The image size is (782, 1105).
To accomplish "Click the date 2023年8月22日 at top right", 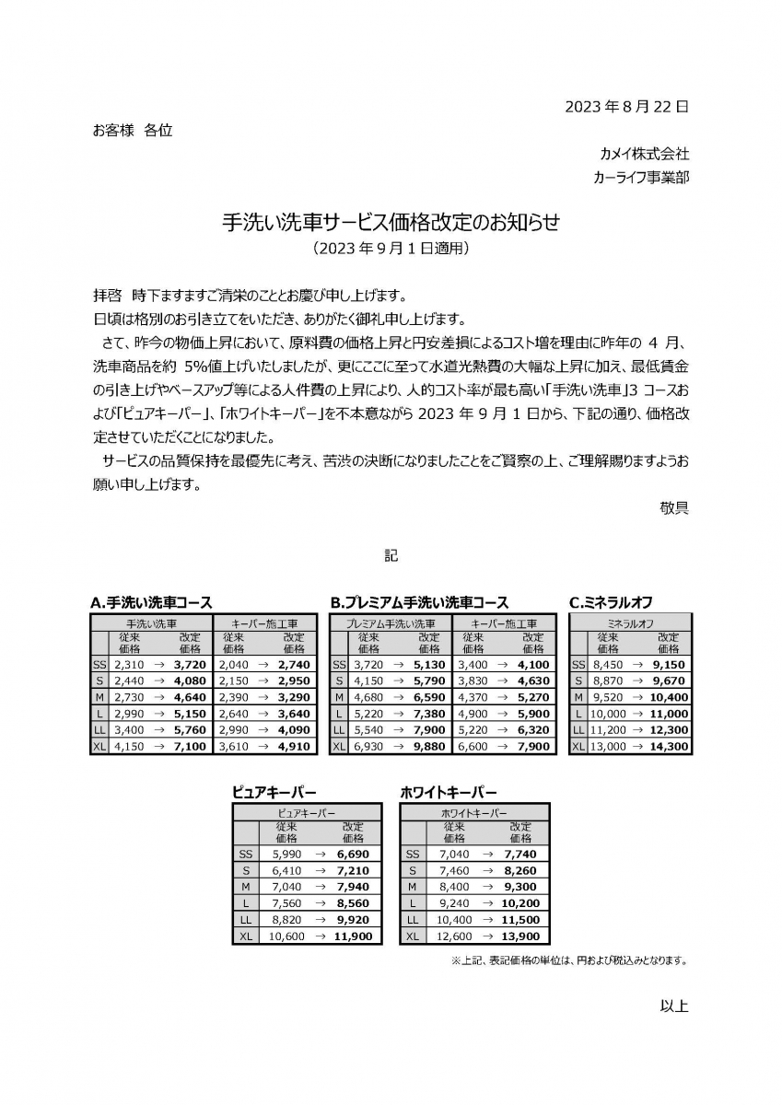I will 626,107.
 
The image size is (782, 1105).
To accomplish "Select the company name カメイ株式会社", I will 644,154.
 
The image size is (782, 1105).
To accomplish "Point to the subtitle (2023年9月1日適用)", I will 391,249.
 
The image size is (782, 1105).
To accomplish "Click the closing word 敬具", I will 674,507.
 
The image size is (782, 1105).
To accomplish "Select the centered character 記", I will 391,556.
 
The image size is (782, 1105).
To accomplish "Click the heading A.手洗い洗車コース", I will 151,603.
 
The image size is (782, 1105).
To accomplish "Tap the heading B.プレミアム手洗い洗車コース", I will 419,603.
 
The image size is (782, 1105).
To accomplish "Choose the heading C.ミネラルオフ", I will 611,603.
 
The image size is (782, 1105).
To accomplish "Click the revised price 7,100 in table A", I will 190,747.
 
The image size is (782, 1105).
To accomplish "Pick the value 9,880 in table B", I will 428,747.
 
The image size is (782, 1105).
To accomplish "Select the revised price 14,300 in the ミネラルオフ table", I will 670,747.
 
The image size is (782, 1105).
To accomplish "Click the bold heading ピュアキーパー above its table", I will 274,792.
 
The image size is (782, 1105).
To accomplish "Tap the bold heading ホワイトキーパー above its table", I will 449,792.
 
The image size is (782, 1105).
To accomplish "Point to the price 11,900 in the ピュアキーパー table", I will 354,936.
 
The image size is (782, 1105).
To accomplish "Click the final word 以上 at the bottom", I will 674,1006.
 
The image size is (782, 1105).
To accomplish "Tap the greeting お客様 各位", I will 133,131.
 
